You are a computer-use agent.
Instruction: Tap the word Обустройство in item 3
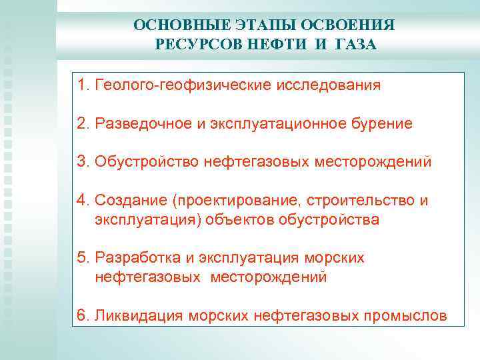(145, 162)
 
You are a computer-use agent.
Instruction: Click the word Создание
(128, 201)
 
